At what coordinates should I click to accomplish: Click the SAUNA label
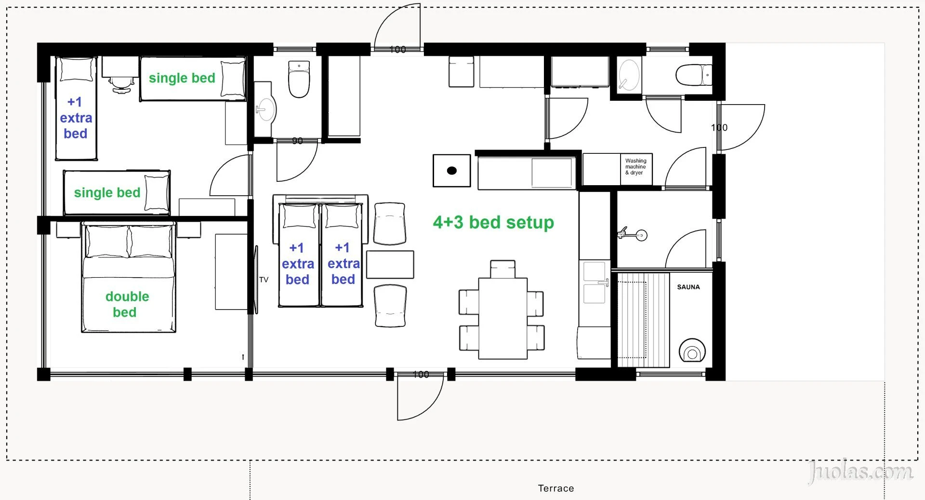pyautogui.click(x=688, y=287)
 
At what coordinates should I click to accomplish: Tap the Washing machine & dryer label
pyautogui.click(x=636, y=167)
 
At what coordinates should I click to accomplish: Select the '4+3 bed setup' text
pyautogui.click(x=493, y=222)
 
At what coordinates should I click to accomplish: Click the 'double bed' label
pyautogui.click(x=127, y=304)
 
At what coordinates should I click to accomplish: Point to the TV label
pyautogui.click(x=264, y=280)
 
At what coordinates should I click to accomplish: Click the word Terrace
pyautogui.click(x=556, y=488)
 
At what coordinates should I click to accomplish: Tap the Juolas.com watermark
pyautogui.click(x=860, y=471)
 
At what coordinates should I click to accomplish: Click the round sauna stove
pyautogui.click(x=692, y=351)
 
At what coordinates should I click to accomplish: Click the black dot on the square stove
pyautogui.click(x=452, y=171)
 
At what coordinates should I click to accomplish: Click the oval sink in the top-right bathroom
pyautogui.click(x=629, y=75)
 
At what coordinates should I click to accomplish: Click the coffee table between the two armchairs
pyautogui.click(x=390, y=264)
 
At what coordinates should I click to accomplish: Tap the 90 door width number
pyautogui.click(x=297, y=141)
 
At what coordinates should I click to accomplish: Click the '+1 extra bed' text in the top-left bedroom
pyautogui.click(x=76, y=118)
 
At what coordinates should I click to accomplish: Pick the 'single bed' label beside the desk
pyautogui.click(x=182, y=78)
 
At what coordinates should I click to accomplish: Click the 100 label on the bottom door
pyautogui.click(x=421, y=375)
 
